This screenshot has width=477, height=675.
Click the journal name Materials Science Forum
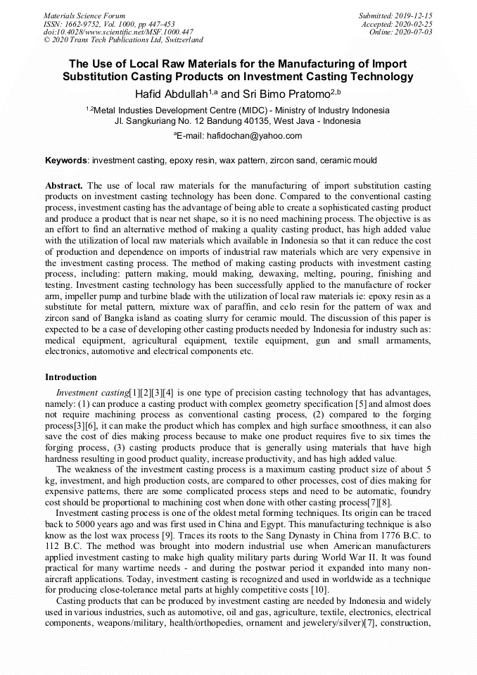click(x=84, y=15)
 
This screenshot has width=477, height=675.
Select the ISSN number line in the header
click(x=109, y=24)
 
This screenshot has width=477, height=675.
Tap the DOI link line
click(x=118, y=32)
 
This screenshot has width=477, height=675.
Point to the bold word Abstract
click(x=64, y=186)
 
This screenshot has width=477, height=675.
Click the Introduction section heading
click(x=71, y=377)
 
